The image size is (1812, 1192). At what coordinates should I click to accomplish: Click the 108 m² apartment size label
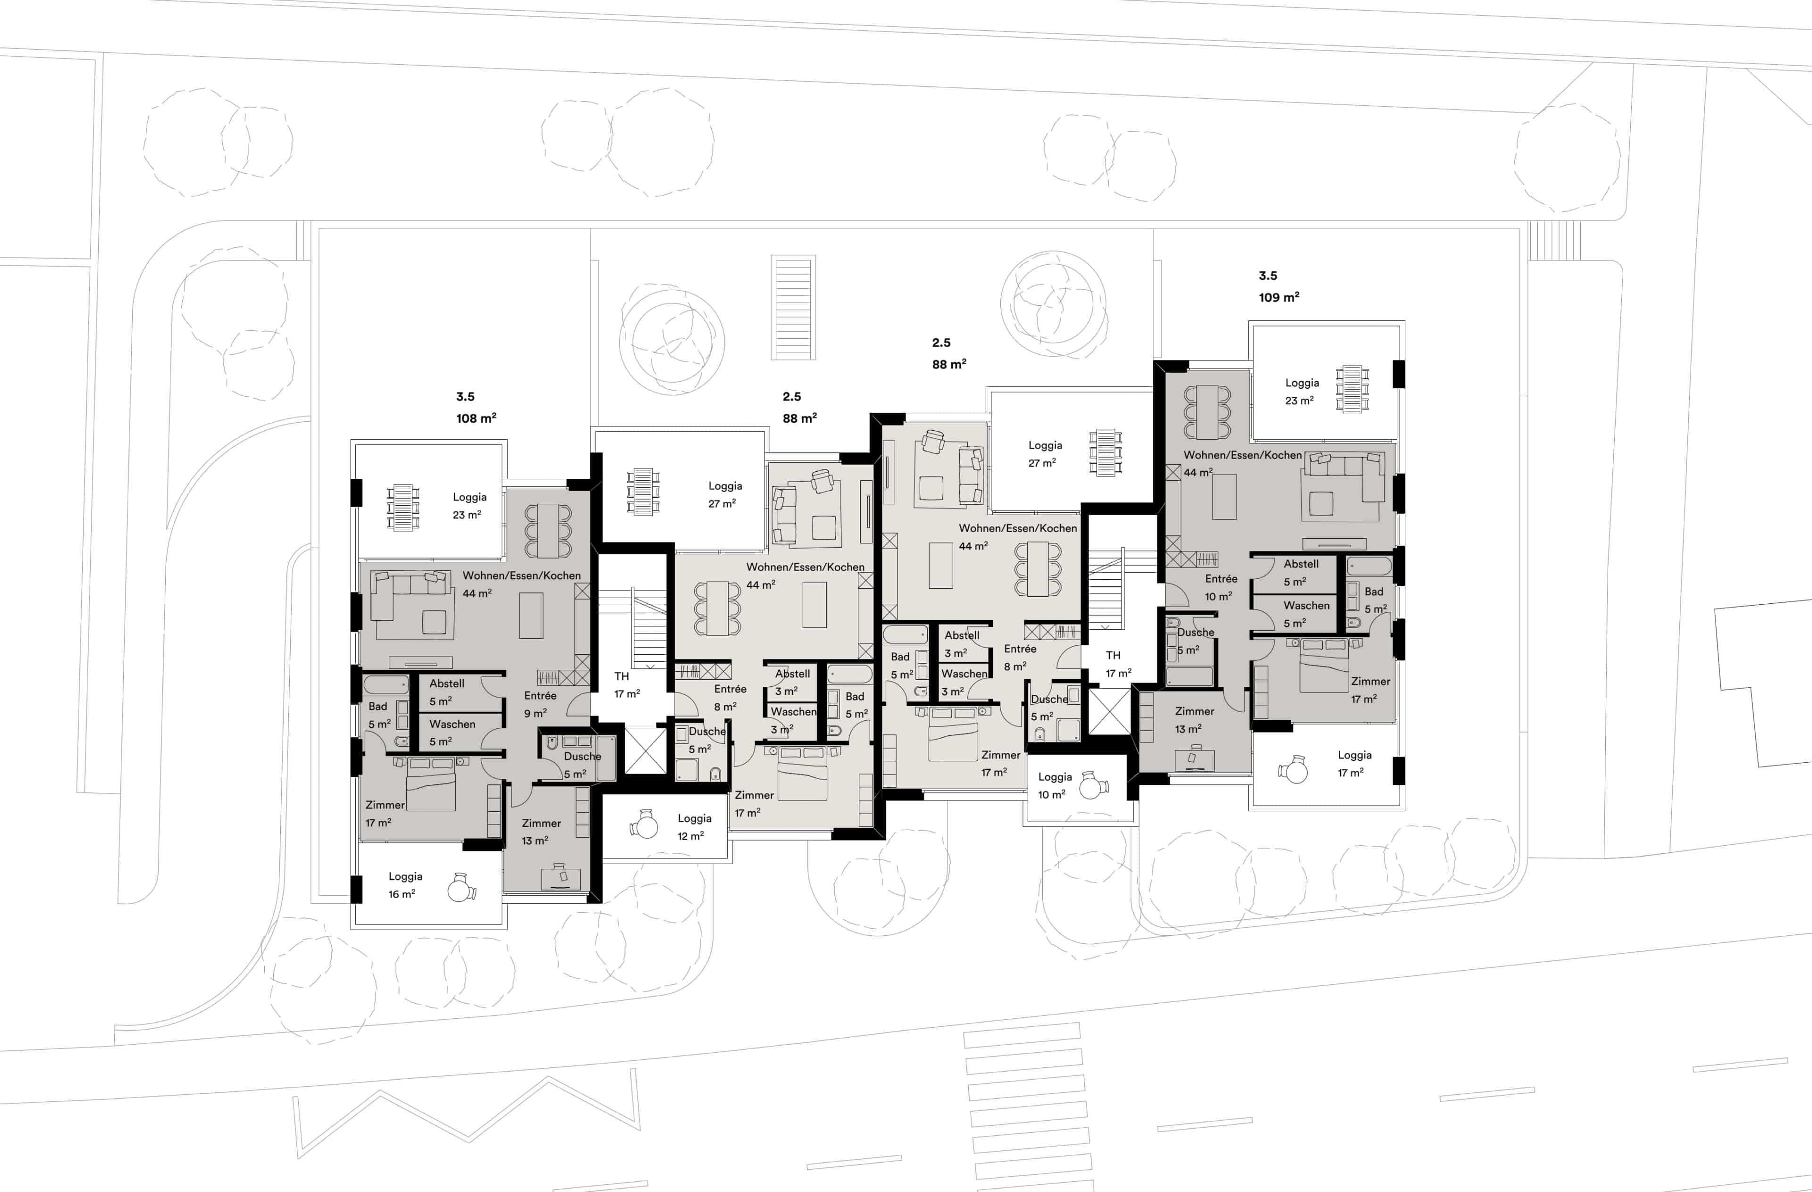pos(476,418)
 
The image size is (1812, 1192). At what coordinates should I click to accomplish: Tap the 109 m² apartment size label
pos(1279,297)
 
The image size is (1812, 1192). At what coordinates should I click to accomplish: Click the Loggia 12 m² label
pos(694,826)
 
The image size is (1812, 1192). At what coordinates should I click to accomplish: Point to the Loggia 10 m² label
pos(1055,785)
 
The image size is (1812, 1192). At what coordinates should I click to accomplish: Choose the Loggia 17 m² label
pos(1354,764)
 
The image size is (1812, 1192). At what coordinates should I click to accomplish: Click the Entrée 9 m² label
pos(540,704)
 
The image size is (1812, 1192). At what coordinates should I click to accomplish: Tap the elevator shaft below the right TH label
pos(1109,711)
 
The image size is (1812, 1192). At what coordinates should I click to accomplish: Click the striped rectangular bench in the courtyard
pos(793,308)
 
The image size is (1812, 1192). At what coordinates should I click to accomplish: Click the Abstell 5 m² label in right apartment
pos(1300,572)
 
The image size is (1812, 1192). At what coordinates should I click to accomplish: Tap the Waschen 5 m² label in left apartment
pos(452,732)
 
